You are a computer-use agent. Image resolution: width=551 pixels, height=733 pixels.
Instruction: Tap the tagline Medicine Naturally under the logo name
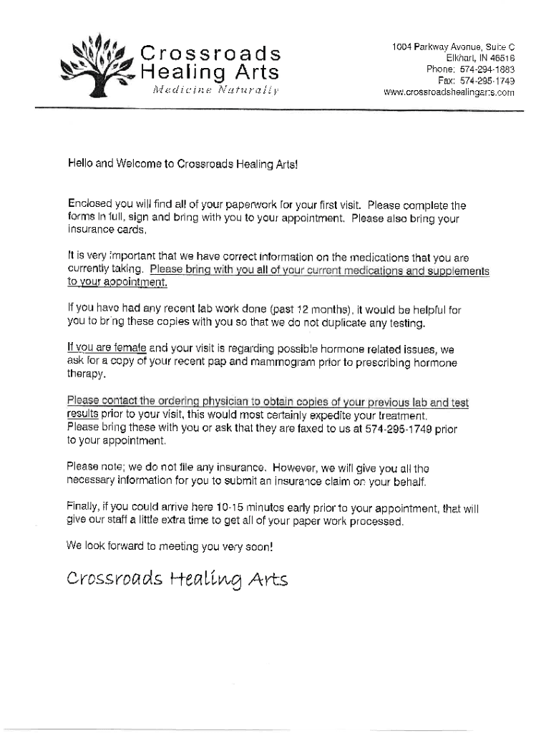pyautogui.click(x=215, y=89)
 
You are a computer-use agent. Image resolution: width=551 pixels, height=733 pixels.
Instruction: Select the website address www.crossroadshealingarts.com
pyautogui.click(x=449, y=92)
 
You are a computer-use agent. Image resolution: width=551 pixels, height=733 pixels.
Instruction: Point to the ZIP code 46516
pyautogui.click(x=500, y=58)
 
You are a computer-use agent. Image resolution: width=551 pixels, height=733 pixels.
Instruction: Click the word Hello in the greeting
pyautogui.click(x=80, y=165)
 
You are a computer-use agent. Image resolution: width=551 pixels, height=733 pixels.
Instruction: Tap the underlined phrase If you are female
pyautogui.click(x=107, y=348)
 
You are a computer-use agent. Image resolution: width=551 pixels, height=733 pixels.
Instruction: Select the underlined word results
pyautogui.click(x=82, y=414)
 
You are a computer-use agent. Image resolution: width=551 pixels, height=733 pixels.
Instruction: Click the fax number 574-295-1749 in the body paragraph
pyautogui.click(x=403, y=428)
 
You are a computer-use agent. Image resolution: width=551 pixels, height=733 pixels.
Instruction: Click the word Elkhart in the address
pyautogui.click(x=462, y=58)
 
